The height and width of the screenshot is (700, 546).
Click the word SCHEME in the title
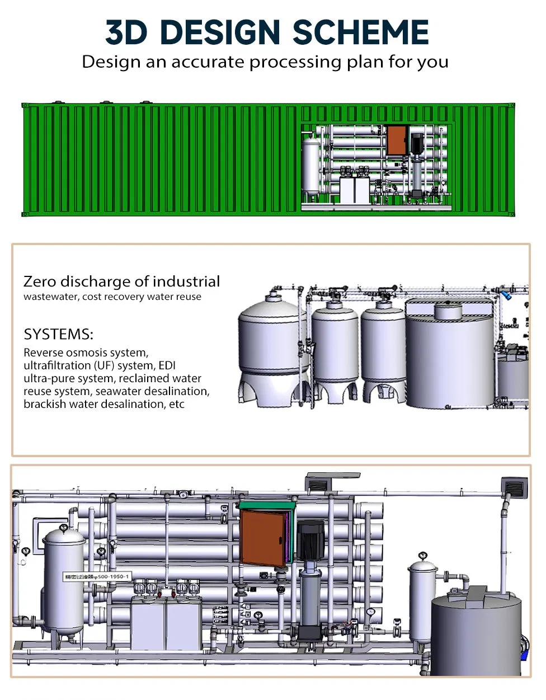click(x=360, y=32)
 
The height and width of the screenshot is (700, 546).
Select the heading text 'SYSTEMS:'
click(x=58, y=335)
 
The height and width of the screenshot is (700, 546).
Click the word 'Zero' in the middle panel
click(x=40, y=281)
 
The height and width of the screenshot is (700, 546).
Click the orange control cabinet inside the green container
click(x=397, y=141)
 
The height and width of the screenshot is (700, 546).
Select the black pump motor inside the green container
click(x=417, y=144)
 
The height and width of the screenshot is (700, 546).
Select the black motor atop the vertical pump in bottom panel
click(x=310, y=538)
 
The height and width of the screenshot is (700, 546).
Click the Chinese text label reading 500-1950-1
click(x=97, y=576)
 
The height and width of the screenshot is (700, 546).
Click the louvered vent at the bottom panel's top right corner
click(x=514, y=487)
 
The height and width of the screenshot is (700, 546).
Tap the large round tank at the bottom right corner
click(x=476, y=635)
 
